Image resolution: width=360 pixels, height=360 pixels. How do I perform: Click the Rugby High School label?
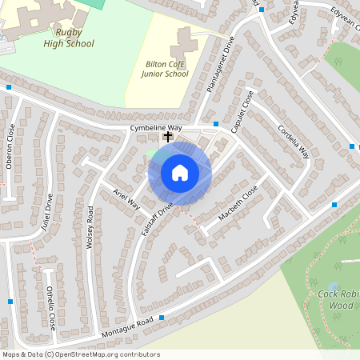(x=69, y=38)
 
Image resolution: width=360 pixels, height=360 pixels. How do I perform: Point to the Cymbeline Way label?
(x=156, y=128)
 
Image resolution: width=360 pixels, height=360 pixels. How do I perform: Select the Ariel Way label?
(x=126, y=200)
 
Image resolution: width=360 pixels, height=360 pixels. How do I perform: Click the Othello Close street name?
(x=50, y=308)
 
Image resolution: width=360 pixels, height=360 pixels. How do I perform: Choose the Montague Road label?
(x=127, y=326)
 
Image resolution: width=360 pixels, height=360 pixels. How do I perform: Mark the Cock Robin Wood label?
(x=336, y=300)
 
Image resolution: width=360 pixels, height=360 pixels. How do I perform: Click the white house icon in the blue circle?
(x=180, y=173)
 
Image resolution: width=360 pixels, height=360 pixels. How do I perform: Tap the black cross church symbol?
(x=168, y=138)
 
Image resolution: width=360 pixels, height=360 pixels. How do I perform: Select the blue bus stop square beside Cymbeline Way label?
(x=216, y=124)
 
